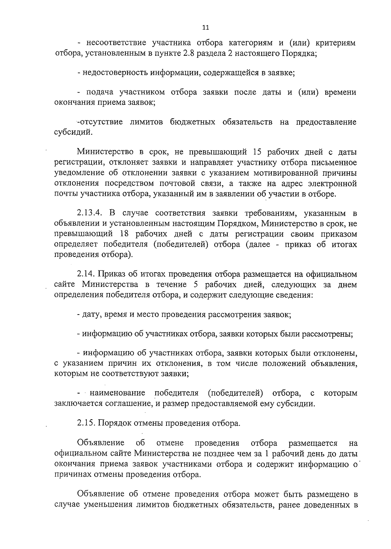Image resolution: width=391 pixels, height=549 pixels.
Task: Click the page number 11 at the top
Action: coord(205,28)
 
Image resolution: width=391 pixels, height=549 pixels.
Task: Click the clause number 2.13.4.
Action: coord(90,214)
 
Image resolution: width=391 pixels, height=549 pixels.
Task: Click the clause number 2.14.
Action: coord(86,274)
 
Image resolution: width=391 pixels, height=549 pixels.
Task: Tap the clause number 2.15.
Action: coord(86,423)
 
